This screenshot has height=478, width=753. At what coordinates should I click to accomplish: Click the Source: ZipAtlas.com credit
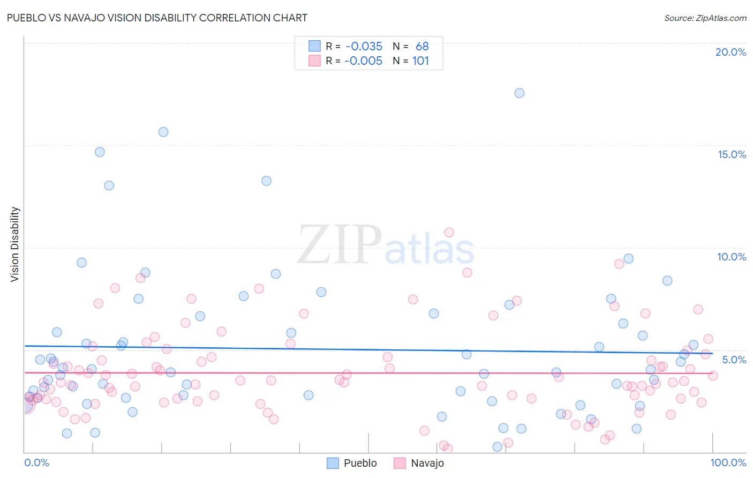(x=705, y=18)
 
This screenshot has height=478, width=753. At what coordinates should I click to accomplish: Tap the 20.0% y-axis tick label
(x=731, y=52)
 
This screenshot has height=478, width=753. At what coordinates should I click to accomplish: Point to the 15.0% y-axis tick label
(x=732, y=154)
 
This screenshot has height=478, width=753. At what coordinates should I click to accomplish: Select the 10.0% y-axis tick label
(x=732, y=257)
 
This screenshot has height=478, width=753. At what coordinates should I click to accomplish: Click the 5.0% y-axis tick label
(x=734, y=360)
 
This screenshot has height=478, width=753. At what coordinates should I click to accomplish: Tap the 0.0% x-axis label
(x=36, y=462)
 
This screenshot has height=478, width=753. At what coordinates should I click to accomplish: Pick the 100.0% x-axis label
(x=728, y=462)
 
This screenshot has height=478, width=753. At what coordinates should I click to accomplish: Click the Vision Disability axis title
(x=15, y=244)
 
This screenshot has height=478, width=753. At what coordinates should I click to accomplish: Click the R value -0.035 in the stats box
(x=364, y=46)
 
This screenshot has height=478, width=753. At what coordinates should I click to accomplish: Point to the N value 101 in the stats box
(x=420, y=61)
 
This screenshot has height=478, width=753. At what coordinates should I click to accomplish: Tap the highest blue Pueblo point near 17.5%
(x=519, y=93)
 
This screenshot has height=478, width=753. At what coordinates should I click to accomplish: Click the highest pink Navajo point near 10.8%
(x=449, y=233)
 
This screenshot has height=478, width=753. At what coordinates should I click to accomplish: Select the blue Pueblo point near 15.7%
(x=163, y=132)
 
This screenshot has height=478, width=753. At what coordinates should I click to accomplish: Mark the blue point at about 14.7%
(x=100, y=152)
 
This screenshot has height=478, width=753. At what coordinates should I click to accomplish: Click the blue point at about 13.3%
(x=266, y=181)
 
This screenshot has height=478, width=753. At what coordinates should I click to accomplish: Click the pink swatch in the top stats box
(x=314, y=61)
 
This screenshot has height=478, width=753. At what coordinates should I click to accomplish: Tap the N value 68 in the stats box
(x=422, y=46)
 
